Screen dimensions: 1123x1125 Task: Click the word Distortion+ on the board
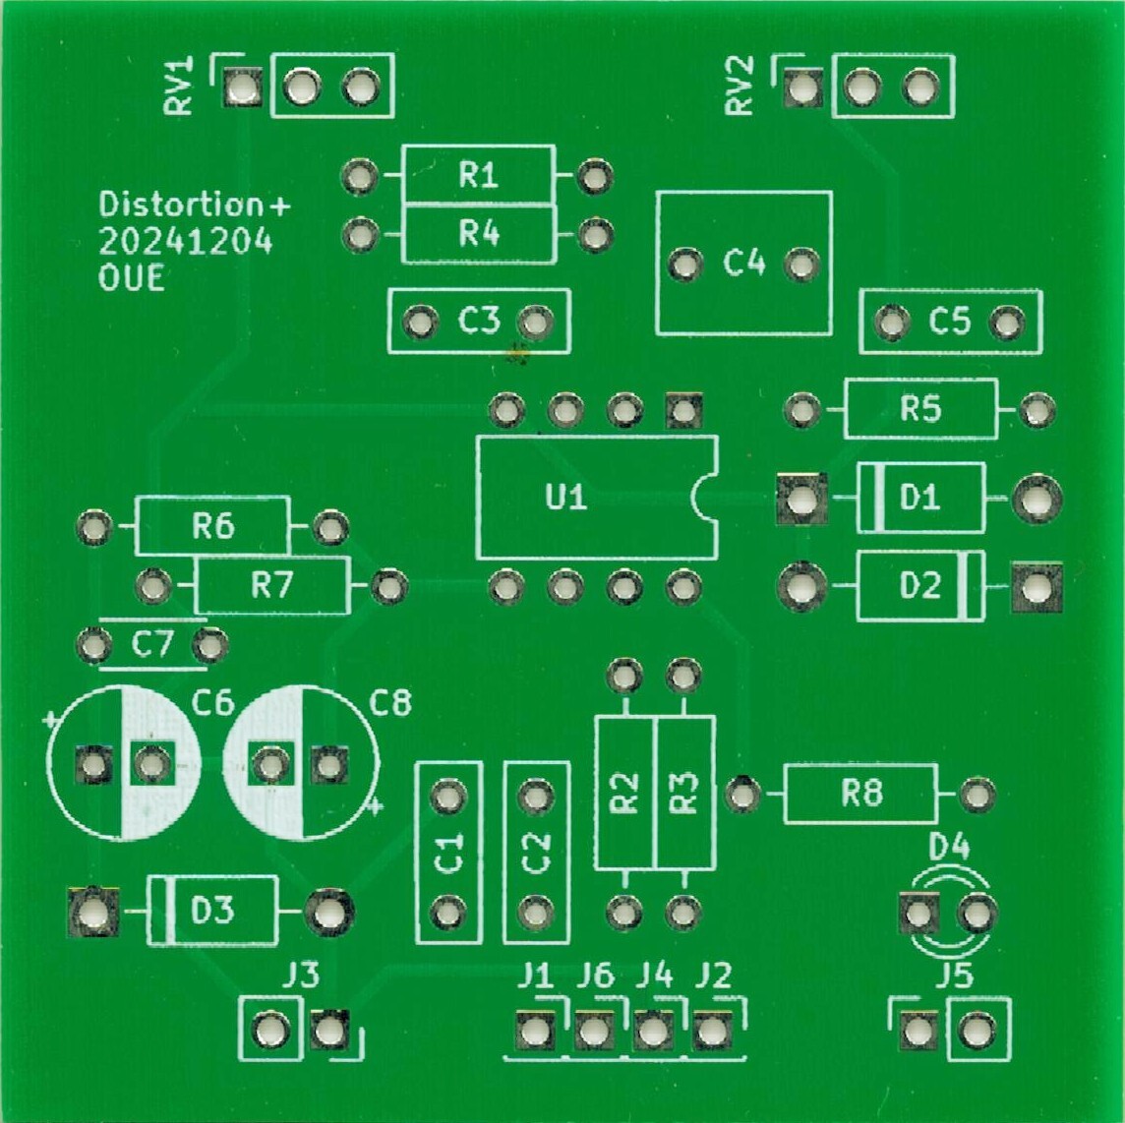[x=196, y=206]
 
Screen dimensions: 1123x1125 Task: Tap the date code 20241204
[x=186, y=242]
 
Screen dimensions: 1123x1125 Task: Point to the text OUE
[x=132, y=279]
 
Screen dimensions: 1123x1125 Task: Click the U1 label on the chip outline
[x=566, y=499]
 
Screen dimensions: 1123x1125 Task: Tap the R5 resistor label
[x=920, y=409]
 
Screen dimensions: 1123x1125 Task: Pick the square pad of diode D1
[x=801, y=500]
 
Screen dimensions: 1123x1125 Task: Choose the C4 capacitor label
[x=744, y=264]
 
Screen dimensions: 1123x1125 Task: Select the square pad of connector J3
[x=329, y=1031]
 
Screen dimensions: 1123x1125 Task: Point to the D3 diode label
[x=212, y=912]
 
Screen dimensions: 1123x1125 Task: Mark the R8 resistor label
[x=861, y=794]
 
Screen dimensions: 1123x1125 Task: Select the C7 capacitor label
[x=152, y=646]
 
